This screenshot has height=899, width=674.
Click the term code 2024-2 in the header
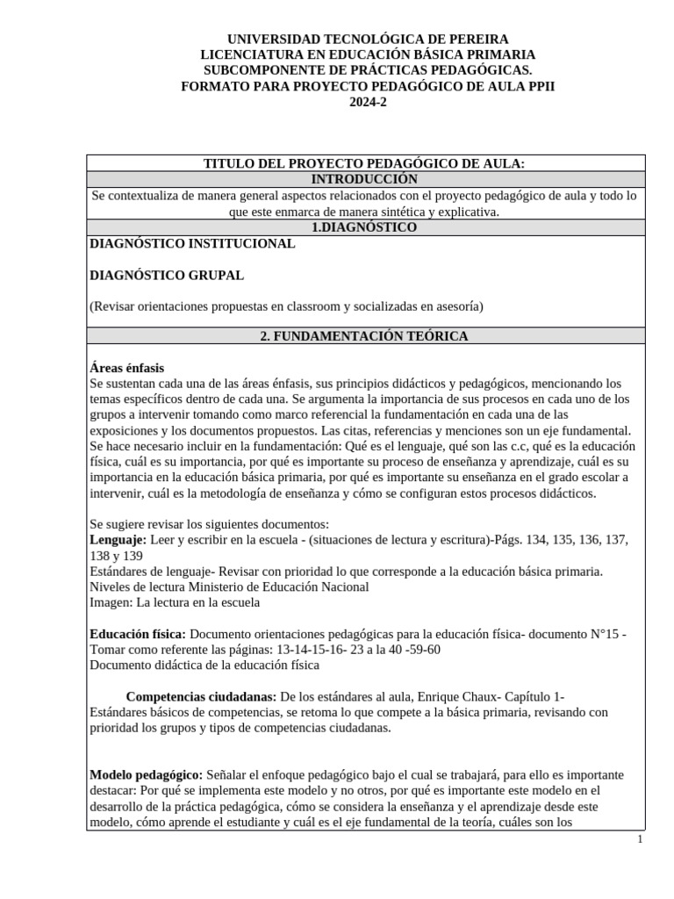click(368, 102)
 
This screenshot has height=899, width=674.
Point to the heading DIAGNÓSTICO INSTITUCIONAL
click(192, 243)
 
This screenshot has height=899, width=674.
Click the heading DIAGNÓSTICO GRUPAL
click(167, 275)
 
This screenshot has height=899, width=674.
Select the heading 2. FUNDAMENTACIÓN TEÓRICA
click(364, 336)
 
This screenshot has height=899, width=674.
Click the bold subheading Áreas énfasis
click(126, 368)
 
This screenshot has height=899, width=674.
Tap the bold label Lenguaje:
click(118, 539)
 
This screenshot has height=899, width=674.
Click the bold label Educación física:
click(138, 634)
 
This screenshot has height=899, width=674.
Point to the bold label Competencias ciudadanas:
click(202, 696)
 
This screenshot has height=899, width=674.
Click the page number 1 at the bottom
click(640, 839)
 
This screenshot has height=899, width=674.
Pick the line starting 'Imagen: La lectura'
click(175, 602)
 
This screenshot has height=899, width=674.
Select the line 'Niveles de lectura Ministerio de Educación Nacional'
click(229, 586)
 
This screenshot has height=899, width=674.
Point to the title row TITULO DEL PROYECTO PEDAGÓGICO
click(364, 163)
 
